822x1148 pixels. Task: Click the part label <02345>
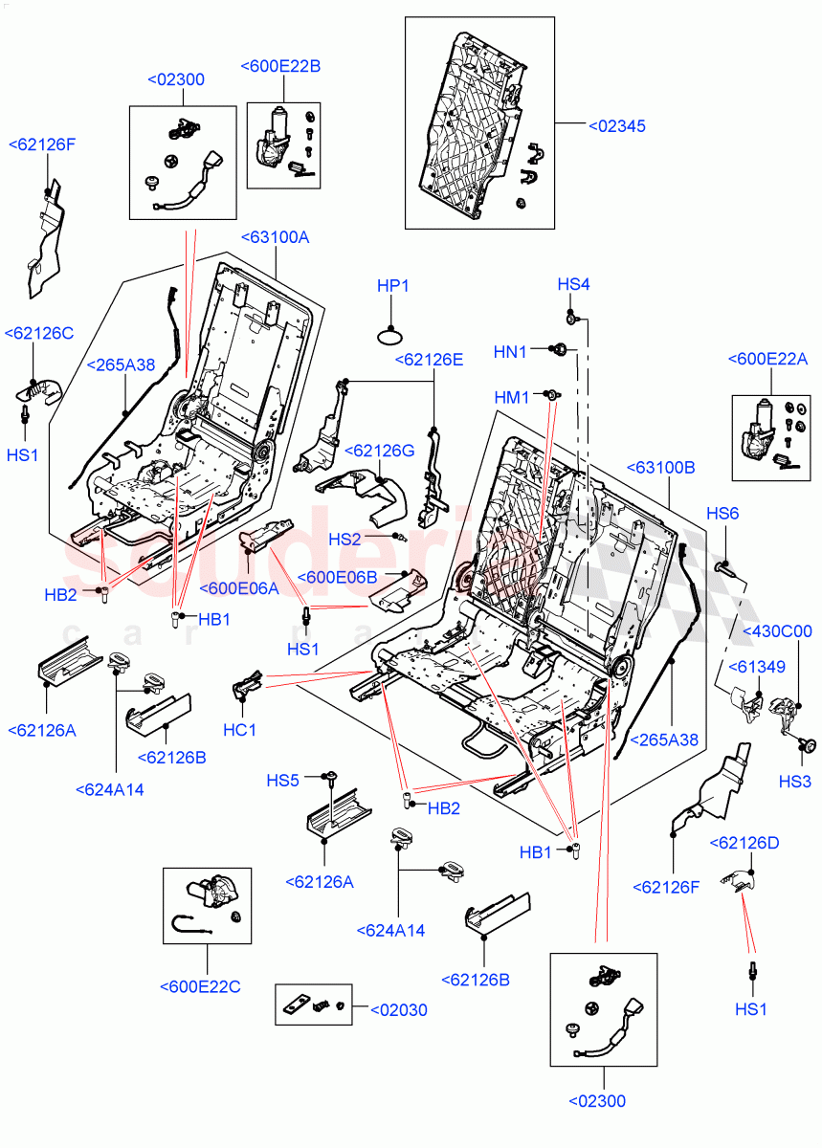(x=616, y=125)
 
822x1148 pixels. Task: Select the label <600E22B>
(x=280, y=66)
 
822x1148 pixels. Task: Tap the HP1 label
(x=392, y=286)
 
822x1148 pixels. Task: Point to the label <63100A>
(x=275, y=236)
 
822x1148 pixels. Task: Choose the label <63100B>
(x=660, y=467)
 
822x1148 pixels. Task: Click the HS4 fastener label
(x=573, y=284)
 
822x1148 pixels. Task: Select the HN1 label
(x=510, y=352)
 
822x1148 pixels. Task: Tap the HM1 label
(x=512, y=397)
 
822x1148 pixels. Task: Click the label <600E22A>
(x=767, y=359)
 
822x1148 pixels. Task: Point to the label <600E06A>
(x=239, y=588)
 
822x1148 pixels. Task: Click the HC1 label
(x=240, y=730)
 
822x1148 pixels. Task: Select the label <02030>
(x=398, y=1009)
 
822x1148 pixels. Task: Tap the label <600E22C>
(x=201, y=986)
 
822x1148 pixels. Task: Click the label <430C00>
(x=776, y=631)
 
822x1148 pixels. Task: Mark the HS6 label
(x=722, y=514)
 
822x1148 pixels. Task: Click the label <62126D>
(x=744, y=843)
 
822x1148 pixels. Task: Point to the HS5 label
(x=282, y=781)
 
